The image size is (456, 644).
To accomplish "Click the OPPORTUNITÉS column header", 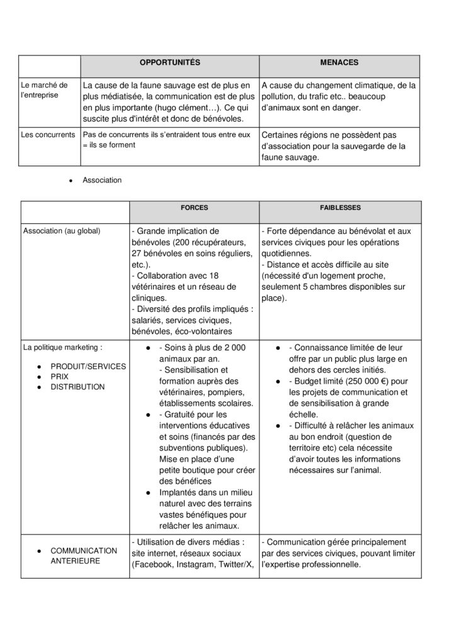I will pos(169,63).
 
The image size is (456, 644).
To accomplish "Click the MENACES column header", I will pos(339,63).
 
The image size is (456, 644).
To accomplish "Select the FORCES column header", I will pos(194,207).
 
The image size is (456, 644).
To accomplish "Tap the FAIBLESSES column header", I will pos(339,207).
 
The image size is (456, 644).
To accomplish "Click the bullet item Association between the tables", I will pos(102,180).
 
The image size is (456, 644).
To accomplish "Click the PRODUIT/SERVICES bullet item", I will pos(88,367).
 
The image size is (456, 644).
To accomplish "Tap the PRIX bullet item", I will pos(60,377).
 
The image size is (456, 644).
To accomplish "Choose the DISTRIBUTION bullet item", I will pos(77,387).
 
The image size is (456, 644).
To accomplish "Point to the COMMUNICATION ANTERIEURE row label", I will pos(84,555).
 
